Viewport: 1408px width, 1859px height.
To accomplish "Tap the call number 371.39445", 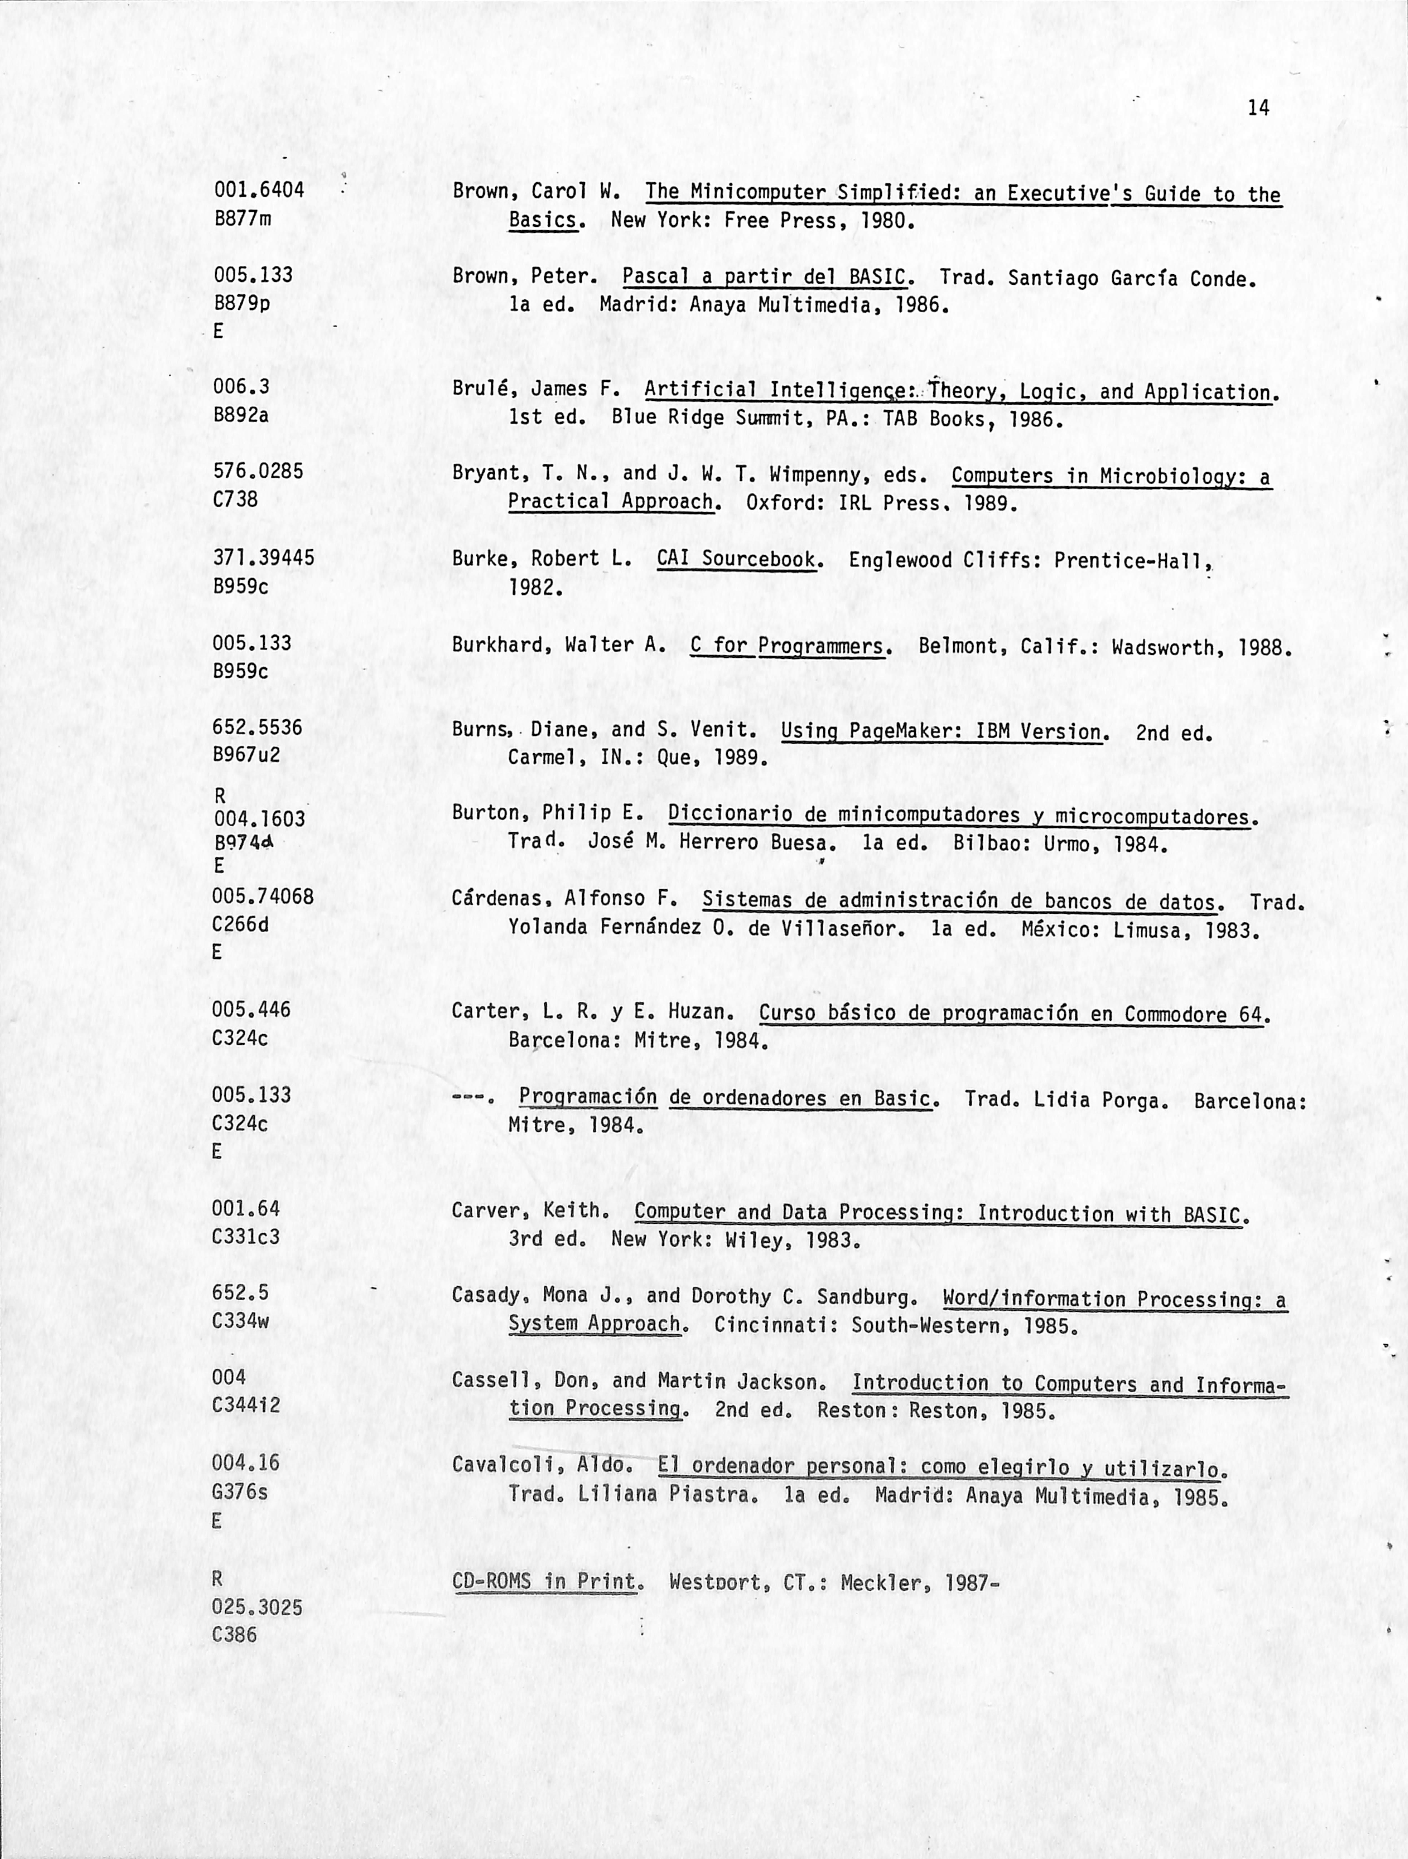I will [264, 558].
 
